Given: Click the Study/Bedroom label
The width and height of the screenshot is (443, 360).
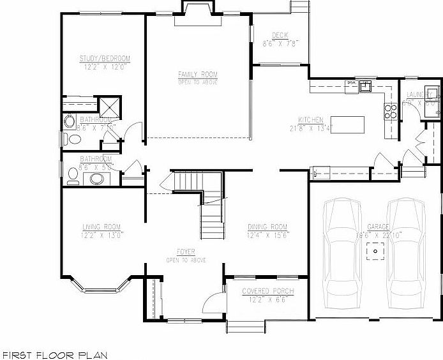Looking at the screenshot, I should click(105, 59).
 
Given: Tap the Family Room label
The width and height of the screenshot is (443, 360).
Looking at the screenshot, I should click(197, 75).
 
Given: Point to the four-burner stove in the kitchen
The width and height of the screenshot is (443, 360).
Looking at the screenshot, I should click(389, 112).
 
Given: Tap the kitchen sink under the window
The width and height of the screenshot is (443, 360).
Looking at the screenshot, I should click(366, 87).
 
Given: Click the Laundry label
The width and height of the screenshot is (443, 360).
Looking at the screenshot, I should click(420, 94).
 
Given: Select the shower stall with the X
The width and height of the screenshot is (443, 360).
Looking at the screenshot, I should click(109, 105).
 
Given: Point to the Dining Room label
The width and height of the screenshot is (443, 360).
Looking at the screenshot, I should click(267, 227).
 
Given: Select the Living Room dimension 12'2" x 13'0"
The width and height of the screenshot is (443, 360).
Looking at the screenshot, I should click(102, 234).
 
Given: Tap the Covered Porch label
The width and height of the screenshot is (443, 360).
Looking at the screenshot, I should click(267, 292).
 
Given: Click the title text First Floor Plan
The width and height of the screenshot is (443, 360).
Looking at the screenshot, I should click(54, 354).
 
